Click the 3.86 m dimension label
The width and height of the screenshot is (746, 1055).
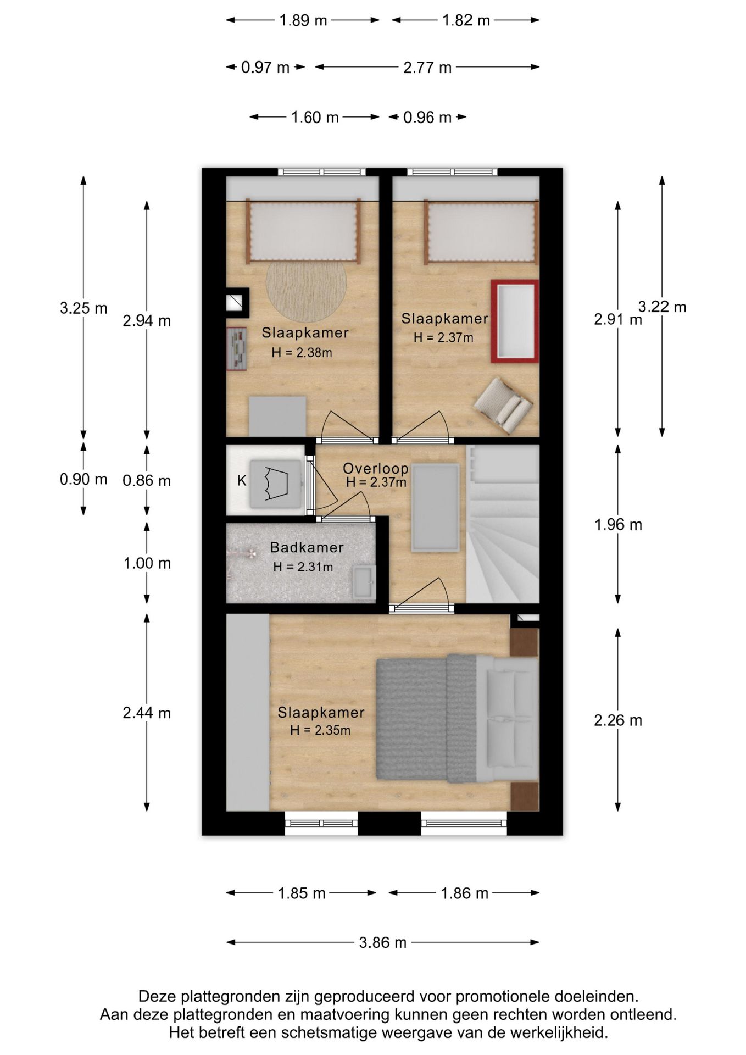click(383, 942)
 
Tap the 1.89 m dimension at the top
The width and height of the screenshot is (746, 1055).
click(303, 20)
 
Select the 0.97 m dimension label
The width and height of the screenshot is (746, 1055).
click(265, 68)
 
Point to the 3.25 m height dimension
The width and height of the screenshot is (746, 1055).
click(83, 308)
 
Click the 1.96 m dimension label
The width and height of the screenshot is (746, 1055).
click(618, 525)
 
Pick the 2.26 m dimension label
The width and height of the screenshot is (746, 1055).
click(618, 720)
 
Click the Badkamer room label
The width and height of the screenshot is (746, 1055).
click(307, 547)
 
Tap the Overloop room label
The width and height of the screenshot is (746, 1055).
click(376, 468)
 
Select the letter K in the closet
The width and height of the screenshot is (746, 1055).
click(242, 481)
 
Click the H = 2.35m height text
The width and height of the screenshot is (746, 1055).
click(320, 730)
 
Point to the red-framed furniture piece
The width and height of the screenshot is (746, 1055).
click(515, 321)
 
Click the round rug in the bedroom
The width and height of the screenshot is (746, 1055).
click(306, 291)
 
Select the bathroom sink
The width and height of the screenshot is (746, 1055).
click(364, 582)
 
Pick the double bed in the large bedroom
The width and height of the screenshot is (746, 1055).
click(457, 719)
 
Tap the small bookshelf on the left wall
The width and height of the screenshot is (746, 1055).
click(237, 349)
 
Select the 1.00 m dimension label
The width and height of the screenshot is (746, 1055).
click(147, 563)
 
